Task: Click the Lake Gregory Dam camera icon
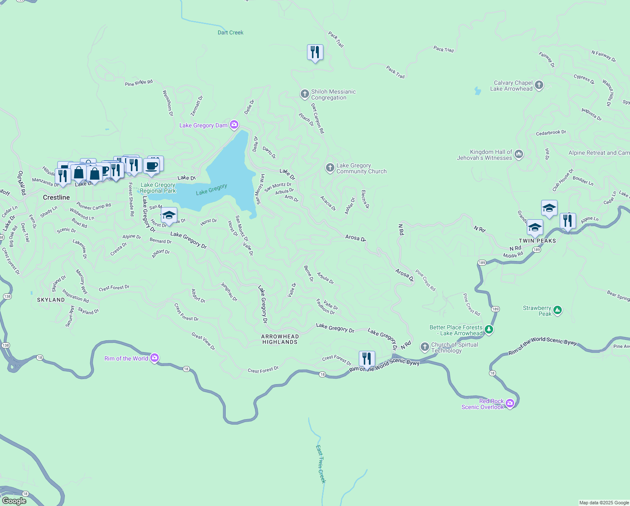pyautogui.click(x=234, y=125)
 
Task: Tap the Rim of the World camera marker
pyautogui.click(x=155, y=358)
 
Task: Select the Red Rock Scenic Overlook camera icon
pyautogui.click(x=510, y=404)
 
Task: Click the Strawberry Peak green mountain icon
pyautogui.click(x=558, y=311)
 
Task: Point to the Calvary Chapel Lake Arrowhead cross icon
pyautogui.click(x=539, y=86)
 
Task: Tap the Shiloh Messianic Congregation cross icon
pyautogui.click(x=304, y=94)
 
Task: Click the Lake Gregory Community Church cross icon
pyautogui.click(x=330, y=168)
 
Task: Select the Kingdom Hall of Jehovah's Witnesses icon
pyautogui.click(x=519, y=155)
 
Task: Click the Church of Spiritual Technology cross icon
pyautogui.click(x=424, y=347)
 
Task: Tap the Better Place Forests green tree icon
pyautogui.click(x=489, y=330)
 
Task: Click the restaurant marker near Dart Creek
pyautogui.click(x=315, y=53)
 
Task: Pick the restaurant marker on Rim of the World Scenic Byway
pyautogui.click(x=367, y=359)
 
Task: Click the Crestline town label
pyautogui.click(x=56, y=197)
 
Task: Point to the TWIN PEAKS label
pyautogui.click(x=537, y=241)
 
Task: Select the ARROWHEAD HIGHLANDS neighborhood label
pyautogui.click(x=280, y=339)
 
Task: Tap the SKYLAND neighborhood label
pyautogui.click(x=51, y=300)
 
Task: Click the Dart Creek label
pyautogui.click(x=230, y=32)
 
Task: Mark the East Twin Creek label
pyautogui.click(x=321, y=464)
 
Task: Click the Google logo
pyautogui.click(x=14, y=501)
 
